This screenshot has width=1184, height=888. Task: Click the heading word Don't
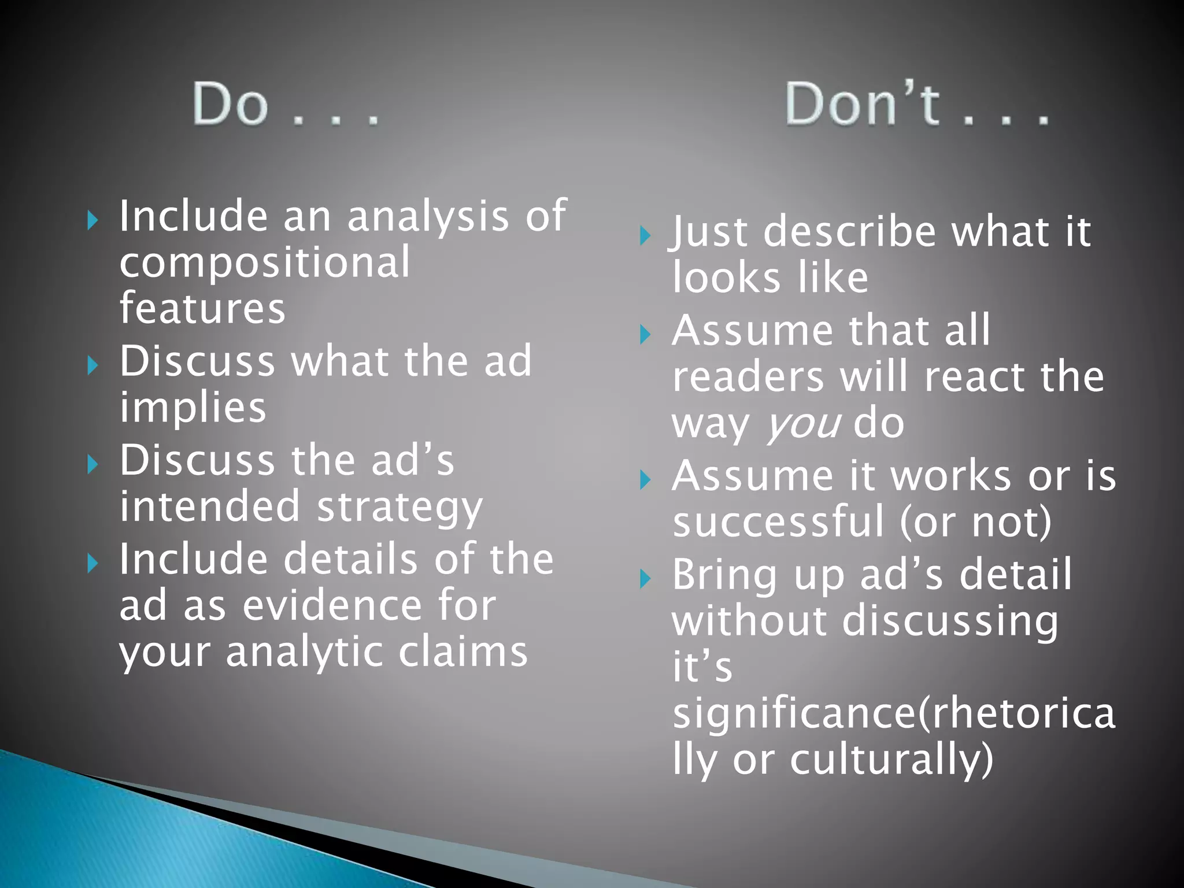click(x=862, y=104)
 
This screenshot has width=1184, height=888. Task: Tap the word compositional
click(x=265, y=264)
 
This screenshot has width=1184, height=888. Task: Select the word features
click(x=202, y=308)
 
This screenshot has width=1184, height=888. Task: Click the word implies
click(x=193, y=408)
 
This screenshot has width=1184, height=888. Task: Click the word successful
click(x=778, y=523)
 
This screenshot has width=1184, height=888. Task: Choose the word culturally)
click(x=891, y=760)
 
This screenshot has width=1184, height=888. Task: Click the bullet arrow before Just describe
click(x=645, y=235)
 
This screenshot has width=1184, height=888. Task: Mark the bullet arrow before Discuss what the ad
click(x=92, y=365)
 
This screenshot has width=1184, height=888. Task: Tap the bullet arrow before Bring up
click(x=645, y=578)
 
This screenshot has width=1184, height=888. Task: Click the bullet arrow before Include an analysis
click(x=92, y=220)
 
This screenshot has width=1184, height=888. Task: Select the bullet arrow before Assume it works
click(x=645, y=479)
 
